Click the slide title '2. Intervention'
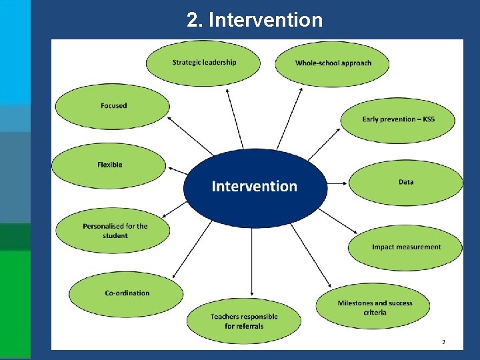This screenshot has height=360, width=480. pos(255,20)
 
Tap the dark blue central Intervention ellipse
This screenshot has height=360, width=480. pos(255,187)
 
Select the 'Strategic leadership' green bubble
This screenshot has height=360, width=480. pos(204,63)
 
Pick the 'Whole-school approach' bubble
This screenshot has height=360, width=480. pos(333,63)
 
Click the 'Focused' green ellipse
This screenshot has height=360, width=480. pos(113,106)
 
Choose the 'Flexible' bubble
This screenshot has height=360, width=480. pos(109,165)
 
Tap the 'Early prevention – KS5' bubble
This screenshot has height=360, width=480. pos(398,119)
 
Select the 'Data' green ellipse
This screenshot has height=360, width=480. pos(405,182)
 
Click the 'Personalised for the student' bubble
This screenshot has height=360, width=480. pos(115,231)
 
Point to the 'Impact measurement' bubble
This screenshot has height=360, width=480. pos(405,247)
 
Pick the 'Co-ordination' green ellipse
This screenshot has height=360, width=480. pos(127,293)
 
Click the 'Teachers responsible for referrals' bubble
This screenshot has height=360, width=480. pos(243,321)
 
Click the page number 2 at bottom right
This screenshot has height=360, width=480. pos(443,342)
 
